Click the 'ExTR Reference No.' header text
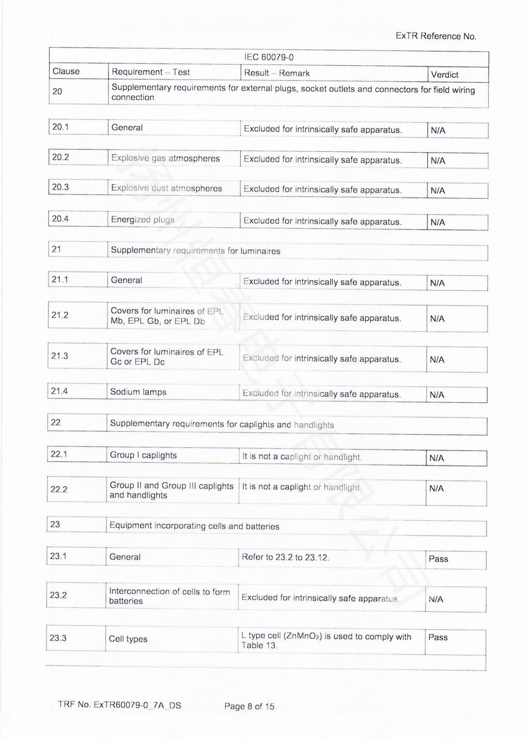[436, 36]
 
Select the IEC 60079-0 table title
[269, 57]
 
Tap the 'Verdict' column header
[444, 75]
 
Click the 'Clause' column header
[66, 71]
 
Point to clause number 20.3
[60, 187]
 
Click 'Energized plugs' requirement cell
[143, 220]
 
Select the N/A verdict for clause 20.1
[438, 131]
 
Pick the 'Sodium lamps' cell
[138, 392]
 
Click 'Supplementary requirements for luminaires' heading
[195, 250]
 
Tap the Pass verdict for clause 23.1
[438, 559]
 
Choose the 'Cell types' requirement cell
[128, 639]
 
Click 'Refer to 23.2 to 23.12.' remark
[285, 558]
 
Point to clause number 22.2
[58, 489]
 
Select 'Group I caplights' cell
[143, 455]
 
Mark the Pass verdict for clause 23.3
[438, 637]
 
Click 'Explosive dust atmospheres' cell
[166, 188]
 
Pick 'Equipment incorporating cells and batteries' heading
[194, 526]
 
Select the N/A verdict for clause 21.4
[437, 395]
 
